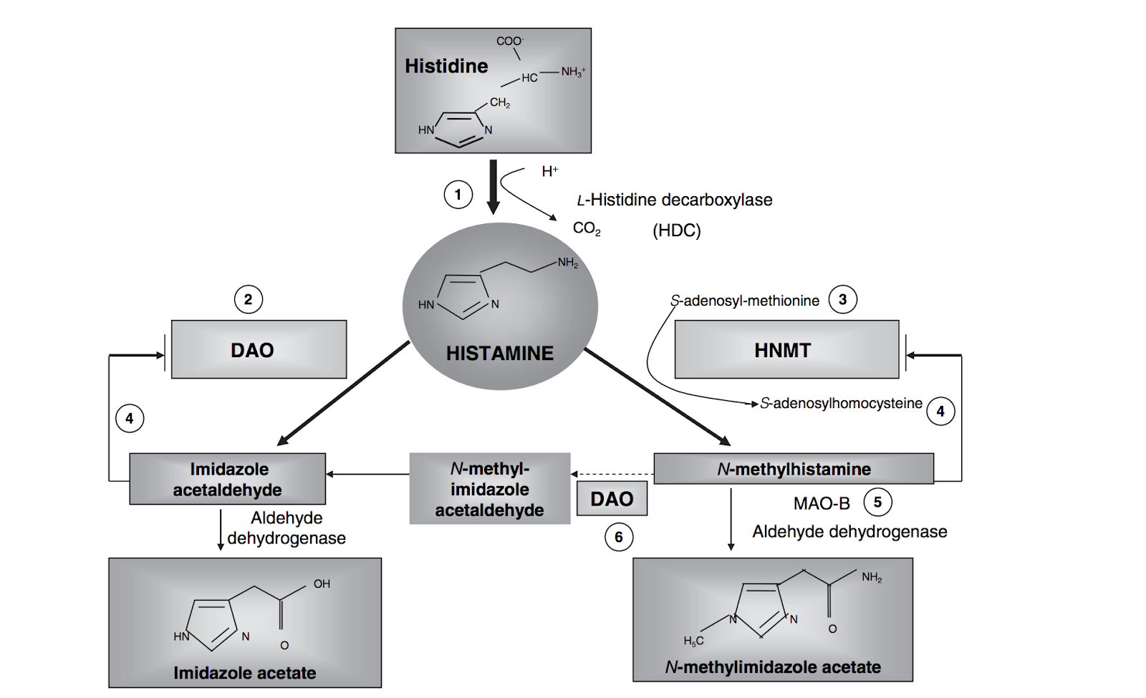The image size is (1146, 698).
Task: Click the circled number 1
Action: click(x=458, y=195)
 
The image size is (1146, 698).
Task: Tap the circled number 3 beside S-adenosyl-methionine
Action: click(x=842, y=299)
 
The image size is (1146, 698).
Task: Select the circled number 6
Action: click(x=619, y=537)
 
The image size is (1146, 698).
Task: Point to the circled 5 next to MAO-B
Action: click(x=877, y=502)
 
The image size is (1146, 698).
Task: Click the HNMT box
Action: click(x=786, y=349)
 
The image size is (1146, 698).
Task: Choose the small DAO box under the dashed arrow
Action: click(x=612, y=498)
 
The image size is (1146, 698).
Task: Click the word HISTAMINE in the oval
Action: click(x=499, y=353)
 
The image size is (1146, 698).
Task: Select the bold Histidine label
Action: click(x=446, y=66)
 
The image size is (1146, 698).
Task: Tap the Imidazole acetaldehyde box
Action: click(x=228, y=479)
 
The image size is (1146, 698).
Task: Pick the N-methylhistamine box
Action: click(x=794, y=469)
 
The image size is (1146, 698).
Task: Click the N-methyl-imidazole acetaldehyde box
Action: click(x=490, y=489)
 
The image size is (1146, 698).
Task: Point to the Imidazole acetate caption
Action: click(x=244, y=673)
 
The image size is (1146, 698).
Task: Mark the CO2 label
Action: click(x=587, y=228)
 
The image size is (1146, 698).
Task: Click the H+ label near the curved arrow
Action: click(x=549, y=171)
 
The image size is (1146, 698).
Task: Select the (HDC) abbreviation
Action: click(x=676, y=231)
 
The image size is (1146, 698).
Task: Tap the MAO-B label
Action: click(x=822, y=503)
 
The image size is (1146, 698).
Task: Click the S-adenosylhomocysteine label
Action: click(x=841, y=403)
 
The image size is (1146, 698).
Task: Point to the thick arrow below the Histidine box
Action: click(x=493, y=186)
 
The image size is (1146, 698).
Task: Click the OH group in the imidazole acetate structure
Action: click(x=322, y=584)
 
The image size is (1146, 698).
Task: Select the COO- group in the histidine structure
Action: click(x=509, y=41)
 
